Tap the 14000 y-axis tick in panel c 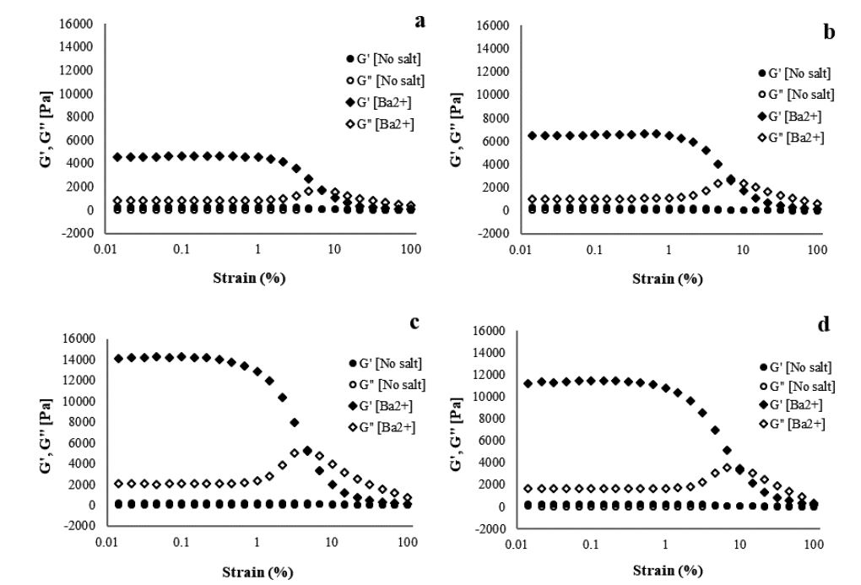click(x=80, y=360)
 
